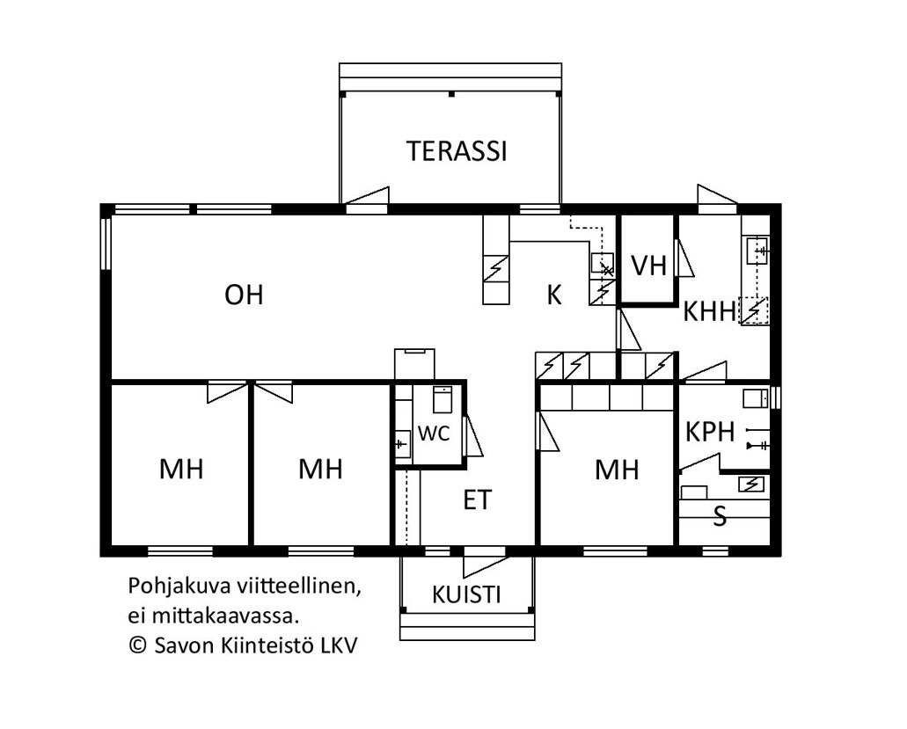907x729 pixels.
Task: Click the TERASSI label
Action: [x=457, y=151]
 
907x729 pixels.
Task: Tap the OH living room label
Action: [x=244, y=295]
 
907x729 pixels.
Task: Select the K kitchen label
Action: [x=554, y=295]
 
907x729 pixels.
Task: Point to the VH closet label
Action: [x=649, y=266]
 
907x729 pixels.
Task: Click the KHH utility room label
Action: [x=710, y=311]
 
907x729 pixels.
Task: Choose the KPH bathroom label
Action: [x=710, y=432]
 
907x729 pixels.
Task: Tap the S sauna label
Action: [x=720, y=516]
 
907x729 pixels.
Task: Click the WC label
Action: [x=434, y=433]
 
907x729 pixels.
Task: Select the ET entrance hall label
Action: [x=478, y=500]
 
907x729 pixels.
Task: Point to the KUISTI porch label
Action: [x=466, y=594]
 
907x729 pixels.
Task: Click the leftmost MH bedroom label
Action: [x=181, y=469]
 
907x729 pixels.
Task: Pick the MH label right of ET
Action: [x=617, y=470]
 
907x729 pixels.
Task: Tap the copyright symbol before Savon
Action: [x=137, y=645]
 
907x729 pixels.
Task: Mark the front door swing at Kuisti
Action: [x=486, y=565]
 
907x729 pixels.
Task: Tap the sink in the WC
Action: [x=402, y=444]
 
